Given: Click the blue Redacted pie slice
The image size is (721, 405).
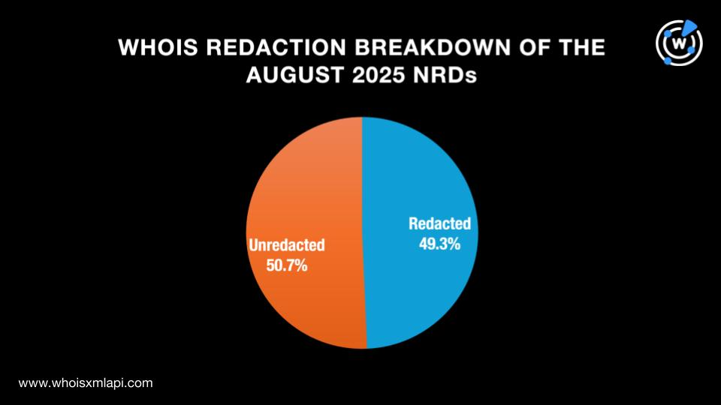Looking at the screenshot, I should pos(428,285).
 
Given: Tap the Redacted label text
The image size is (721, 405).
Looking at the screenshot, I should pos(439,223).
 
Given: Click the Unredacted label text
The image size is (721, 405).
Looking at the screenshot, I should pos(286,245).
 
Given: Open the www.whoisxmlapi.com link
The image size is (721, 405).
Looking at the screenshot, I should pos(86,382).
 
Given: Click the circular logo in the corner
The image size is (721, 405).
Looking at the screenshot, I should pos(679,42).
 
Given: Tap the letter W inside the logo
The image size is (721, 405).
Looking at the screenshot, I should pos(680,43).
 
